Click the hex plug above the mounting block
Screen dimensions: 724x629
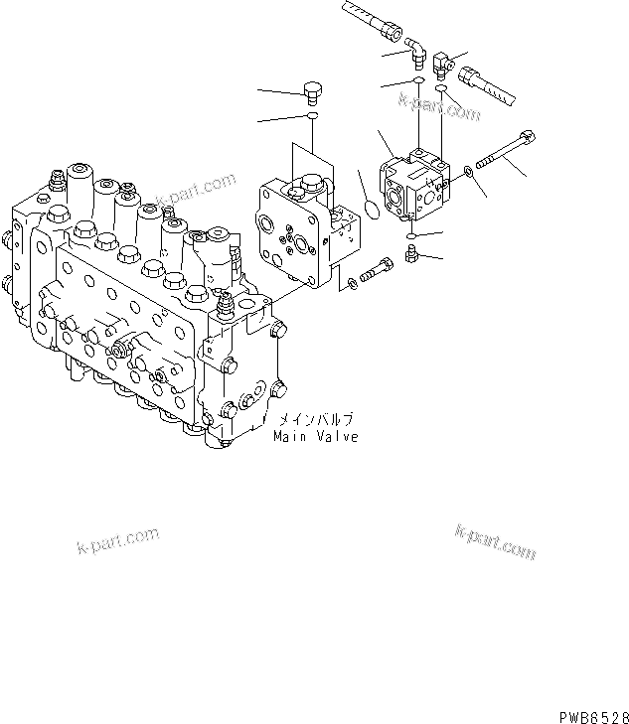click(x=313, y=90)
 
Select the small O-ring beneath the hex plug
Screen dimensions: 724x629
click(x=313, y=117)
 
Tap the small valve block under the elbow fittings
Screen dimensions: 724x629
click(x=417, y=185)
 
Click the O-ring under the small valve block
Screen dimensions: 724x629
click(x=410, y=235)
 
